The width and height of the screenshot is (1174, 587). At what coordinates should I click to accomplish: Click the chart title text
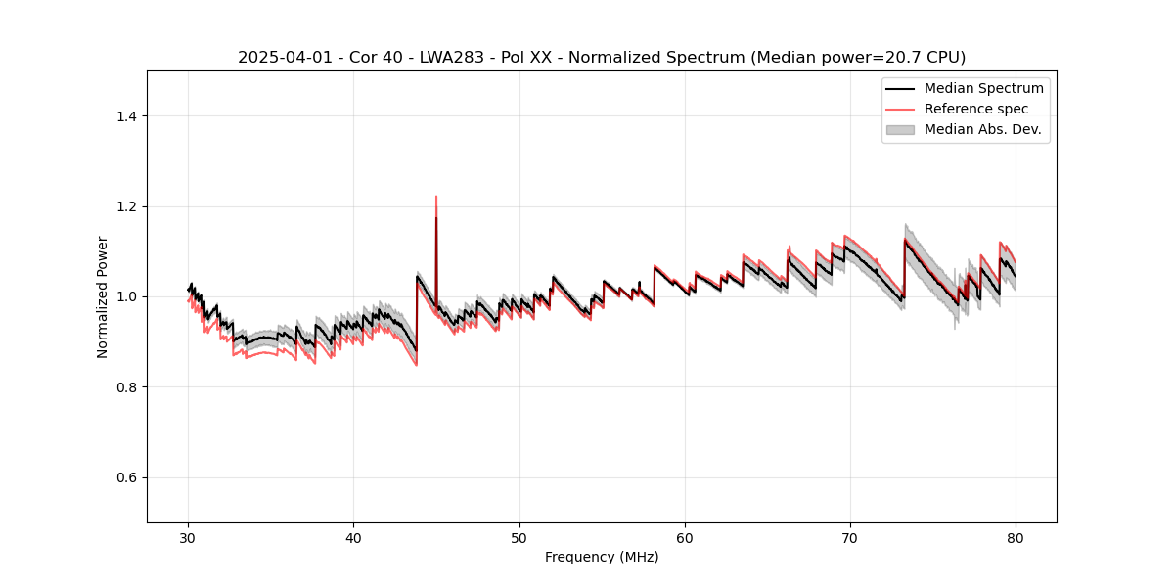(x=602, y=57)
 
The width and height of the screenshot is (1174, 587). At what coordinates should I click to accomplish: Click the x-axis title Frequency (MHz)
(x=602, y=557)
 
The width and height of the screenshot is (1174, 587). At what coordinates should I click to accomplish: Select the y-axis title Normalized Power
(x=102, y=296)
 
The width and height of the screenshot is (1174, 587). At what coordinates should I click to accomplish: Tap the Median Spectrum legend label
(x=984, y=88)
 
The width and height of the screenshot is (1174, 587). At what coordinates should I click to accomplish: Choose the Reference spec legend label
(x=976, y=109)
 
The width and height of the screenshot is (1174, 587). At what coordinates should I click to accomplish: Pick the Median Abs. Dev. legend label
(x=983, y=129)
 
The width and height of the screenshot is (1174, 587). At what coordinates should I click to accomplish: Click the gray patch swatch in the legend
(x=900, y=129)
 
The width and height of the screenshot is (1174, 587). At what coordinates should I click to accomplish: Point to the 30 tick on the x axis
(x=189, y=537)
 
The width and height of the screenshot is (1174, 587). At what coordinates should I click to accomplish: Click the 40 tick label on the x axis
(x=354, y=537)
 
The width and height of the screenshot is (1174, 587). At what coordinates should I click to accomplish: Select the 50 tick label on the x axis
(x=519, y=537)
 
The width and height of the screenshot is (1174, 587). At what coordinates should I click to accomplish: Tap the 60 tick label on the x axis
(x=685, y=537)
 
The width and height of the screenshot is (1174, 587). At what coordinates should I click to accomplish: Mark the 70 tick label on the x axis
(x=850, y=537)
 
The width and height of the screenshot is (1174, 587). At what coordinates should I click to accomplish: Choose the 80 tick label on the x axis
(x=1016, y=537)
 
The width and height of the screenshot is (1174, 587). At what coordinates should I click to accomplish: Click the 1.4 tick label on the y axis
(x=126, y=116)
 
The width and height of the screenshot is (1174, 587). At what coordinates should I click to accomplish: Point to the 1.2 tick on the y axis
(x=126, y=206)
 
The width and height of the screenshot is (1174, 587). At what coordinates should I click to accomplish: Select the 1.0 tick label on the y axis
(x=126, y=296)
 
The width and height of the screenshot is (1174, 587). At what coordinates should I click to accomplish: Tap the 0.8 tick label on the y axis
(x=126, y=387)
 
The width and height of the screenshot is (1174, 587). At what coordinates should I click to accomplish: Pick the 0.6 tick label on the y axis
(x=126, y=477)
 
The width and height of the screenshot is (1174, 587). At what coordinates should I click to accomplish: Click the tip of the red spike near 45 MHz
(x=436, y=197)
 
